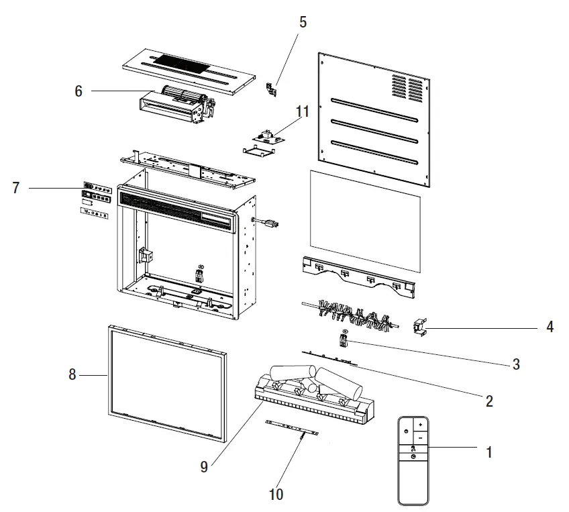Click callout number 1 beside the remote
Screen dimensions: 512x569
coord(489,452)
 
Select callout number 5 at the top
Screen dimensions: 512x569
coord(303,22)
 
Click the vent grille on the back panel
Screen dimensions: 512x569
coord(407,85)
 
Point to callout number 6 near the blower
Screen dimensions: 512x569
coord(79,91)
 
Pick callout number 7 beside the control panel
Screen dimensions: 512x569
coord(15,188)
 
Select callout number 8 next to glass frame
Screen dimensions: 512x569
coord(72,374)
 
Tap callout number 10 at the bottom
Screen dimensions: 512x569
coord(276,495)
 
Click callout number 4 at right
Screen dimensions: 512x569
coord(550,327)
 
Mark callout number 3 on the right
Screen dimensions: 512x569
coord(516,364)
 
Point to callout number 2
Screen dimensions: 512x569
coord(489,401)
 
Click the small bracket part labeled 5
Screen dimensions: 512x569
coord(271,89)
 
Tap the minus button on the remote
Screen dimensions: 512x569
coord(419,437)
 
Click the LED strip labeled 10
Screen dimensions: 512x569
coord(291,426)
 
